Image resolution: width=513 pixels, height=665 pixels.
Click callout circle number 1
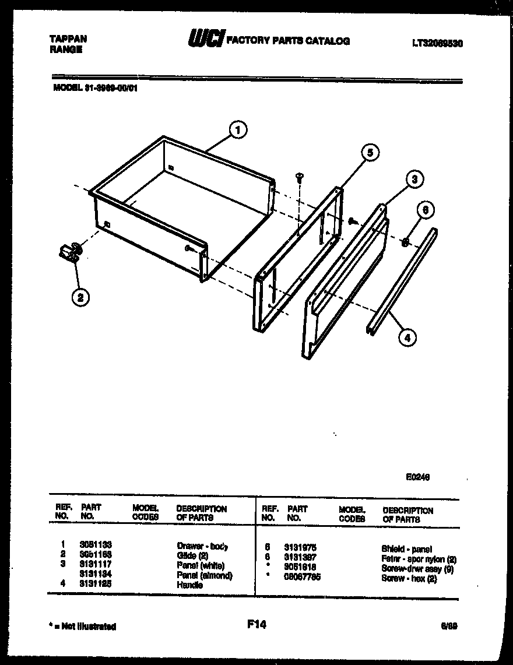pyautogui.click(x=238, y=130)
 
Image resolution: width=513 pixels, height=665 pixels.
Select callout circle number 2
pyautogui.click(x=80, y=297)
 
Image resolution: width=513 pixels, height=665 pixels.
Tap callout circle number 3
pyautogui.click(x=413, y=180)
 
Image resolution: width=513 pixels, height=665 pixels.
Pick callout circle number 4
pyautogui.click(x=407, y=336)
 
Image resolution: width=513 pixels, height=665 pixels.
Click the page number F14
pyautogui.click(x=256, y=625)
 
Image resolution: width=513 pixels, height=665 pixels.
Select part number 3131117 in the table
pyautogui.click(x=96, y=565)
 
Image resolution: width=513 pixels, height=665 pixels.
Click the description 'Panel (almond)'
pyautogui.click(x=204, y=575)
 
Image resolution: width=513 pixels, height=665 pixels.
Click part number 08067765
pyautogui.click(x=302, y=577)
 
